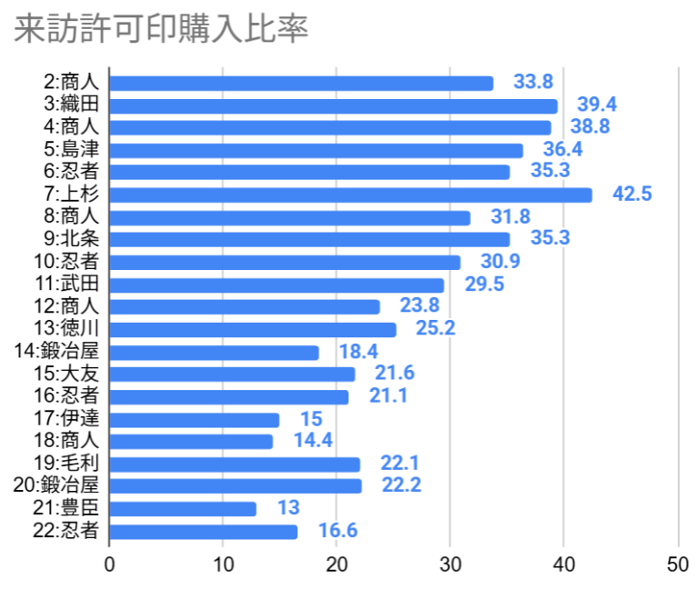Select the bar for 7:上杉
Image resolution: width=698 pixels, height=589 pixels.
point(351,195)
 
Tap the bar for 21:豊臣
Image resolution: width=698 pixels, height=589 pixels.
point(183,509)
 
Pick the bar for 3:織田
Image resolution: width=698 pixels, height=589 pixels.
point(334,105)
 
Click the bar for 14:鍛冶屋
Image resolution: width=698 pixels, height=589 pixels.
point(214,353)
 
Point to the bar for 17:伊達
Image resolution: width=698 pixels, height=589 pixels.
point(194,420)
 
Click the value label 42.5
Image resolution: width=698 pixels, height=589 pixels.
point(633,195)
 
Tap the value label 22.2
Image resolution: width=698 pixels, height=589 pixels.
point(402,485)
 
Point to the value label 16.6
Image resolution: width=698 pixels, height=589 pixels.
point(337,532)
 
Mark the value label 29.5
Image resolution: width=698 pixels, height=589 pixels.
point(484,285)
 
